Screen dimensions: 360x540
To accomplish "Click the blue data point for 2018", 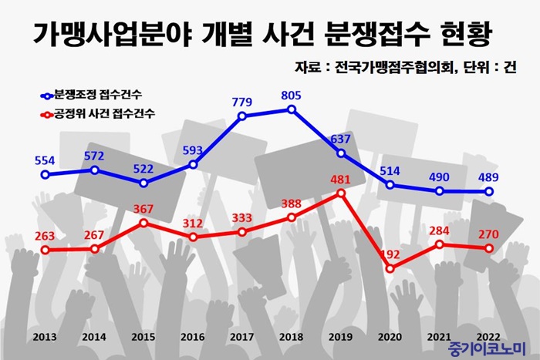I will click(292, 109).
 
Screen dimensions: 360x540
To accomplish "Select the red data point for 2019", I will click(341, 193).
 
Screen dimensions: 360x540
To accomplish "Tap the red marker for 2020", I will click(390, 268).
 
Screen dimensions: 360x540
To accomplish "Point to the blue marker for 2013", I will click(45, 175).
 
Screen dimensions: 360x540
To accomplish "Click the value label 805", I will click(291, 96).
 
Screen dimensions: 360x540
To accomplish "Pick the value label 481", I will click(340, 180).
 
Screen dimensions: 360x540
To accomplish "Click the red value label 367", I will click(143, 209).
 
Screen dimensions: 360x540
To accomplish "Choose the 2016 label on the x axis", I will click(193, 337).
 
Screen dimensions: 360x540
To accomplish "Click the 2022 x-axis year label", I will click(489, 337).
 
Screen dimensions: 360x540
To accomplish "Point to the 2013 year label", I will click(45, 337).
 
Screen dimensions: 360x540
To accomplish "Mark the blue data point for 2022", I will click(489, 192).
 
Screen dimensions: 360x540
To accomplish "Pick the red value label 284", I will click(439, 230).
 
